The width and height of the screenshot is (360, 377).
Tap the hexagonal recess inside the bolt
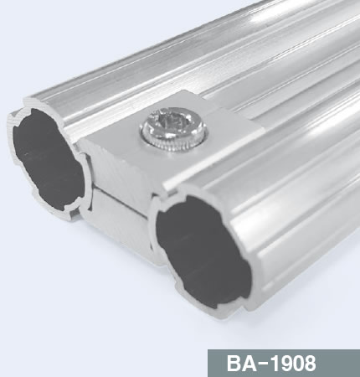174,122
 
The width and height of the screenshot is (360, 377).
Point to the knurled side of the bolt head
174,143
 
